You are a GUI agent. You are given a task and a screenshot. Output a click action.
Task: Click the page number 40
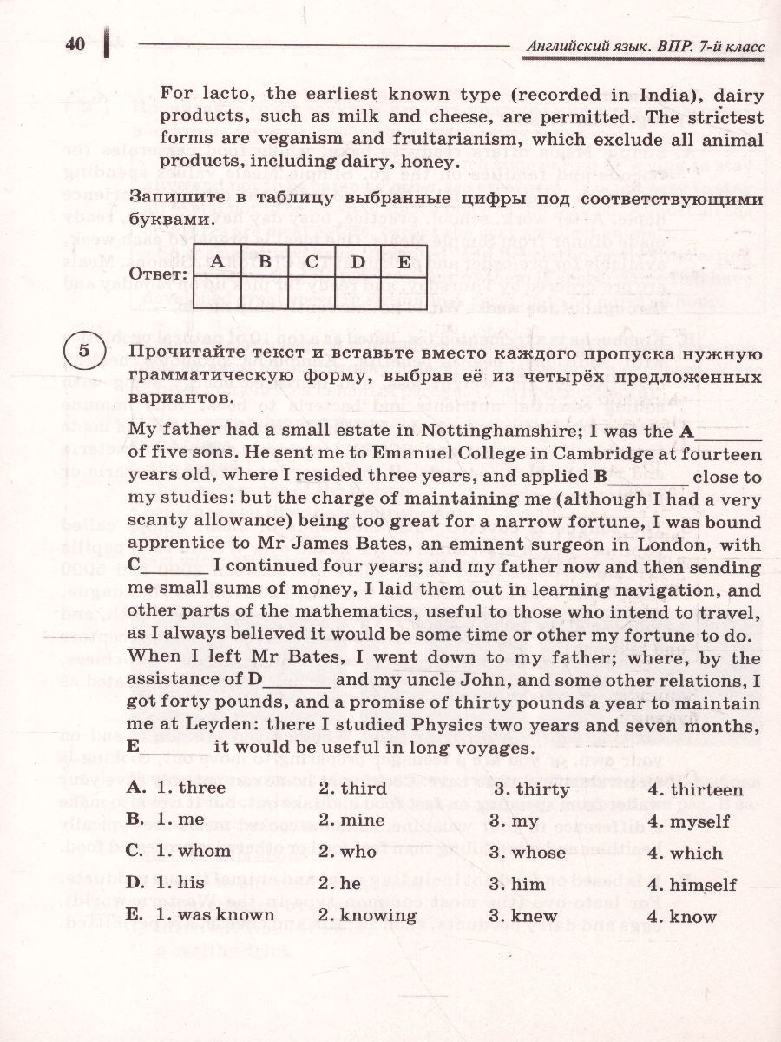coord(75,44)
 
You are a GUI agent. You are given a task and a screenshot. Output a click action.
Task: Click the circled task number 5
coord(83,351)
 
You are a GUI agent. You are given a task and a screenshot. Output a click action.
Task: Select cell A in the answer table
coord(218,261)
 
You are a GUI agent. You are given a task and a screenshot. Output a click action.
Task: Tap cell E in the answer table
coord(404,261)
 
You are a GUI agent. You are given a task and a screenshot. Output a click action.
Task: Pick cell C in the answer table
coord(311,261)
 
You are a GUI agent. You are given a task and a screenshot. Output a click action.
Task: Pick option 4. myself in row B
coord(691,821)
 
